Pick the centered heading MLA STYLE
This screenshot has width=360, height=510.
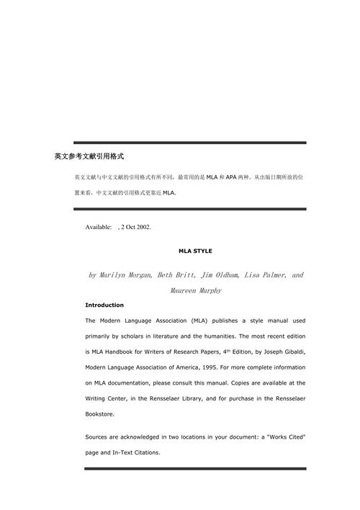coord(195,251)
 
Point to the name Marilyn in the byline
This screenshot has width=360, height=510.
coord(120,275)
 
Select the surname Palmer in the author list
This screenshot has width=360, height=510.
coord(271,275)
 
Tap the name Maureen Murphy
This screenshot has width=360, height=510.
coord(196,291)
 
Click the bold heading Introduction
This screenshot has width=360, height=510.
coord(104,305)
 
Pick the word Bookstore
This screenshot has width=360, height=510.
coord(99,415)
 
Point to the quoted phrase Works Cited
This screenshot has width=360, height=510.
coord(282,437)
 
